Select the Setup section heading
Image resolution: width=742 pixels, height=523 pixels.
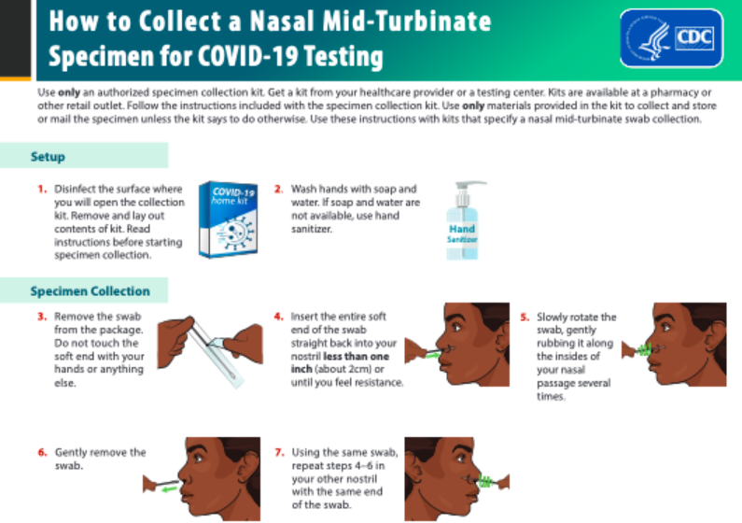point(48,157)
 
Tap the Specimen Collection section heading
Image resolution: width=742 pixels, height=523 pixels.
point(90,291)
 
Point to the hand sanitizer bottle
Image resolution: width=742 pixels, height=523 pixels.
point(464,220)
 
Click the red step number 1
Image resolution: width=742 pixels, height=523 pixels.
point(42,189)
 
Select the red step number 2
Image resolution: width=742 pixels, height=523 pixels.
point(278,189)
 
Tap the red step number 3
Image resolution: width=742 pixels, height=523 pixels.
point(42,318)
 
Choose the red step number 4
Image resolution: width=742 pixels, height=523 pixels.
point(278,318)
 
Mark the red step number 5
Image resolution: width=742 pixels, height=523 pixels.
point(525,318)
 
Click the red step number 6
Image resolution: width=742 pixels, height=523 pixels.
point(42,453)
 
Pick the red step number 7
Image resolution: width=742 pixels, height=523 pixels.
point(278,453)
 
